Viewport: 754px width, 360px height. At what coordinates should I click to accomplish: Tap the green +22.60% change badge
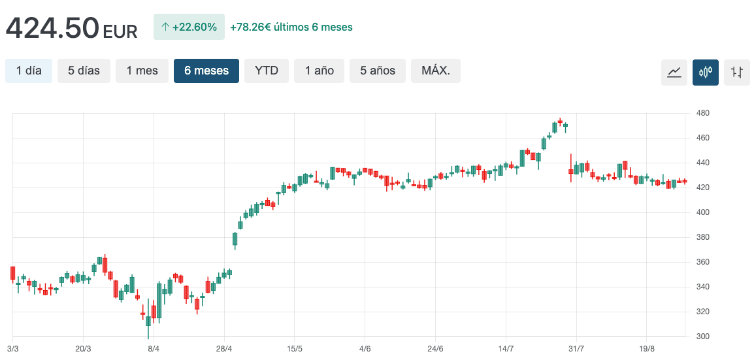(189, 27)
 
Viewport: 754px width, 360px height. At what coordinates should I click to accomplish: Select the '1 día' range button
(29, 71)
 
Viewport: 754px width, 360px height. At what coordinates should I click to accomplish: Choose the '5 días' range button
(84, 71)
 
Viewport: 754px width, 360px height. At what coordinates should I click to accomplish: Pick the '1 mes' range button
(142, 71)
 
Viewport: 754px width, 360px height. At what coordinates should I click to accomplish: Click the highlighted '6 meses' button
(206, 71)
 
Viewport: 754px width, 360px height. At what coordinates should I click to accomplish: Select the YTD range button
(267, 71)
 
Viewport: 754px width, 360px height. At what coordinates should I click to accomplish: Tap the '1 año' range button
(320, 71)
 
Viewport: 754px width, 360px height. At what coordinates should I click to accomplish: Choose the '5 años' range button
(378, 71)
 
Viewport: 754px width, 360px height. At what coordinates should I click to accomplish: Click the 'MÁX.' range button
(436, 71)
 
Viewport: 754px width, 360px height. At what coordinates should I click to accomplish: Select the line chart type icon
(674, 72)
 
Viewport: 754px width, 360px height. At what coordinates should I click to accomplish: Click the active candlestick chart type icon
(706, 72)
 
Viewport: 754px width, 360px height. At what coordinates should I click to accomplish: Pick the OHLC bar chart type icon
(737, 72)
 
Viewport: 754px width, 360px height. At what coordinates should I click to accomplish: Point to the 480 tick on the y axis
(703, 113)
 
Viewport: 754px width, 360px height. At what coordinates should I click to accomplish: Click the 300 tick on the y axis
(703, 336)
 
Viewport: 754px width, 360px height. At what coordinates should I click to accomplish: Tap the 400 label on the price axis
(703, 212)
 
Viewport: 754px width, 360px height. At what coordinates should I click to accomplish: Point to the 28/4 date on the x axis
(224, 349)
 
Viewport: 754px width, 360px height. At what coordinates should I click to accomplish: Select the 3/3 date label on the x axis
(13, 349)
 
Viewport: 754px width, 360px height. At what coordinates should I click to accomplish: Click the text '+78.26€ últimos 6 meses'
(291, 27)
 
